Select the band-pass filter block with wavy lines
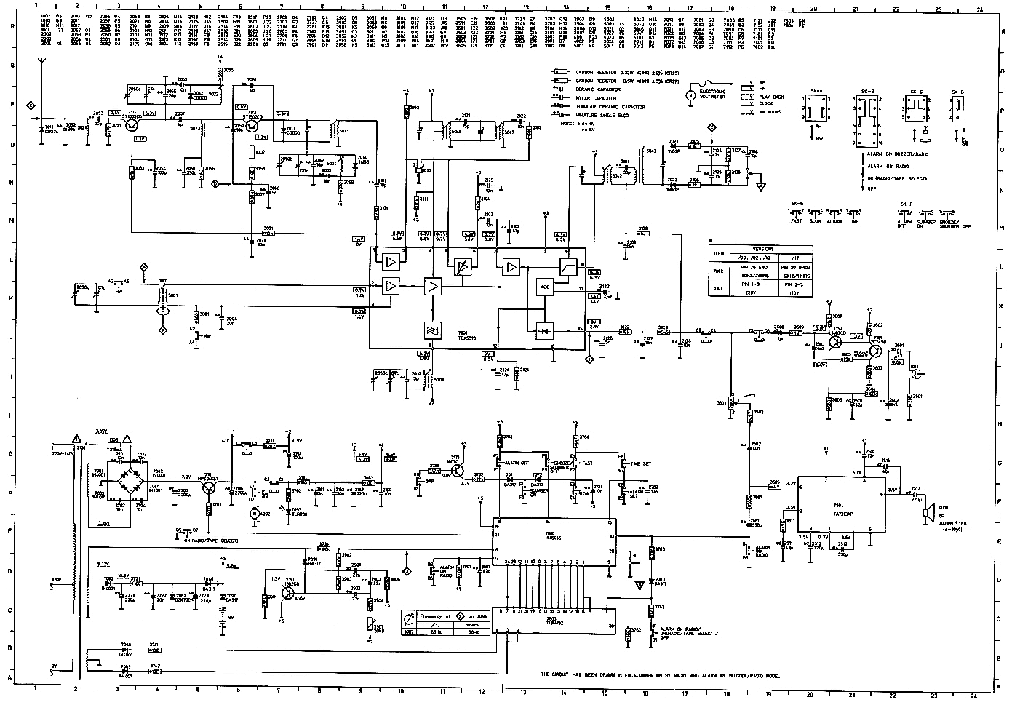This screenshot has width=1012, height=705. pyautogui.click(x=431, y=329)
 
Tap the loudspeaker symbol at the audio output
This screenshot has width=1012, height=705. pyautogui.click(x=927, y=514)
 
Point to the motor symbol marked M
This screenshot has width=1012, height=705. pyautogui.click(x=255, y=514)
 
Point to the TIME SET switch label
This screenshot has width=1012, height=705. pyautogui.click(x=641, y=463)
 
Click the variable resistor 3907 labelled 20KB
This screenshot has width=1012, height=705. pyautogui.click(x=378, y=628)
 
